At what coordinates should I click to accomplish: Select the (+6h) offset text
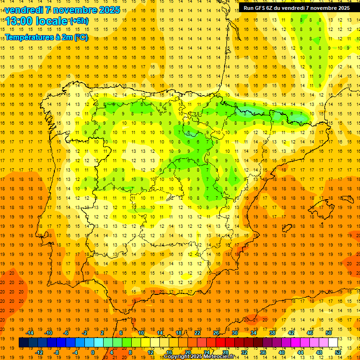click(78, 21)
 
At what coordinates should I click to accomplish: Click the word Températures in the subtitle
click(30, 37)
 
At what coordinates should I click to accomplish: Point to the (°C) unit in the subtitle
click(81, 37)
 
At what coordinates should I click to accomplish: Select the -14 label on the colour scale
click(30, 333)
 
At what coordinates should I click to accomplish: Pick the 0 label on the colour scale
click(93, 352)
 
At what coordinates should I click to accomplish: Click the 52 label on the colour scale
click(338, 352)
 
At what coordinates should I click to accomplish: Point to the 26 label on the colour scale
click(216, 333)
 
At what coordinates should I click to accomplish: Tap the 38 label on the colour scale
click(272, 333)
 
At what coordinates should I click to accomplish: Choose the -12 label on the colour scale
click(39, 352)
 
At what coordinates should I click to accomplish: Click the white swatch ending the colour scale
click(333, 343)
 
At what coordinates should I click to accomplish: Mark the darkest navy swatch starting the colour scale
click(23, 343)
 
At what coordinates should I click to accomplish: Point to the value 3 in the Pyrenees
click(245, 113)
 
